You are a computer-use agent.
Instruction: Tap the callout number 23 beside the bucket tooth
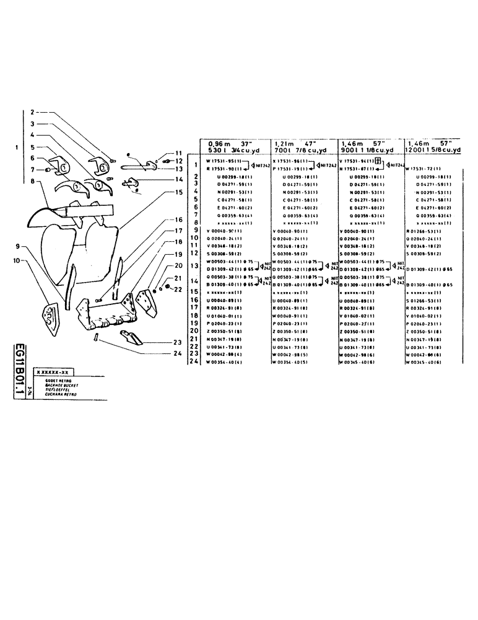tap(178, 342)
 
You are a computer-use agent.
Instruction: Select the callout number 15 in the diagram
tap(178, 192)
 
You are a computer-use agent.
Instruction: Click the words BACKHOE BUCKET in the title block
tap(53, 384)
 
